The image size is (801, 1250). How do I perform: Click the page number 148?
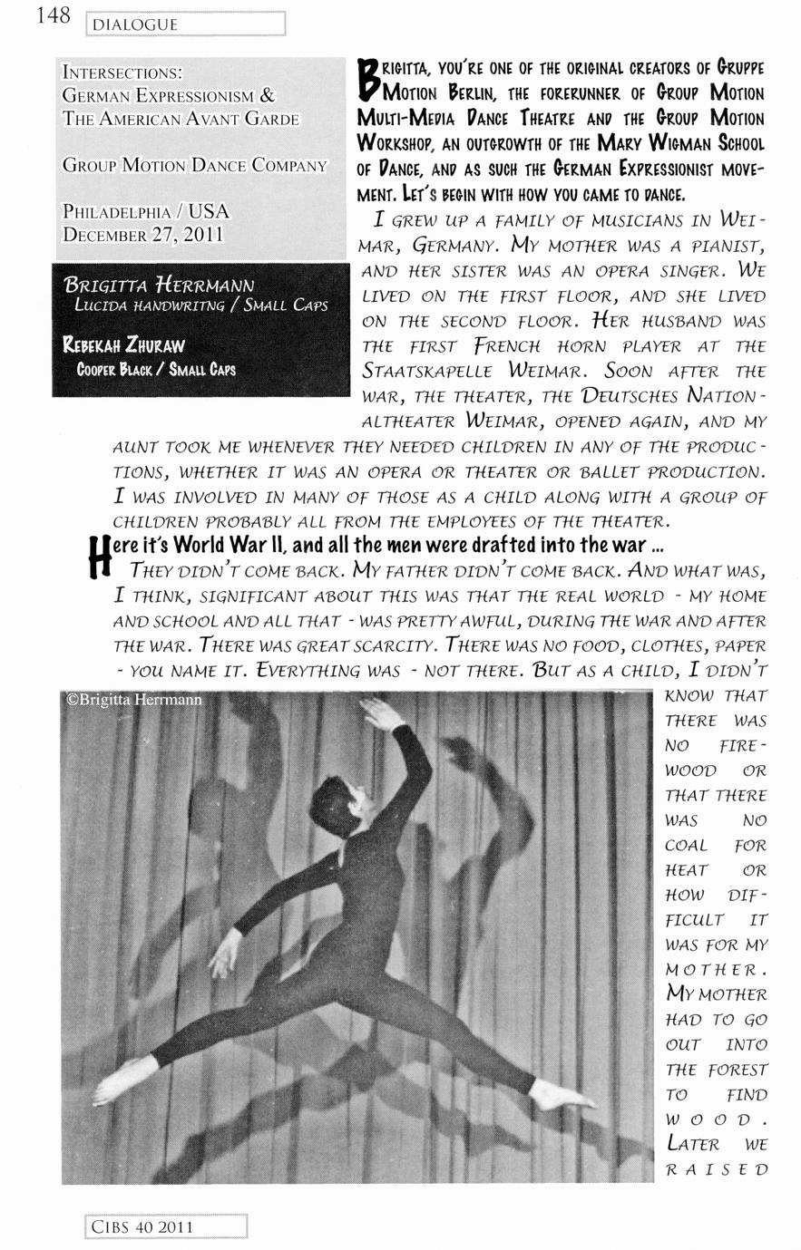click(52, 16)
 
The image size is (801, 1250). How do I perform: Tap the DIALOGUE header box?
click(185, 24)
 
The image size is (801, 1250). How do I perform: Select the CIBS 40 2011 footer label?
click(167, 1227)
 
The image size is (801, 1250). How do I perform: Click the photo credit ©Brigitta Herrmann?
click(134, 700)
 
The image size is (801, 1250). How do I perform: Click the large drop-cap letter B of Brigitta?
click(368, 80)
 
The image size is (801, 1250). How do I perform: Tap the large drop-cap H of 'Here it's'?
click(102, 556)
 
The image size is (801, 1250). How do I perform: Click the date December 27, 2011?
click(142, 234)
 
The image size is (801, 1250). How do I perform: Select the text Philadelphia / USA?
click(145, 211)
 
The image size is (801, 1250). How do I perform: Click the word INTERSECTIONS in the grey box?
click(122, 72)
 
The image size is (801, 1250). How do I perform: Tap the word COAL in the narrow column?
click(686, 845)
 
